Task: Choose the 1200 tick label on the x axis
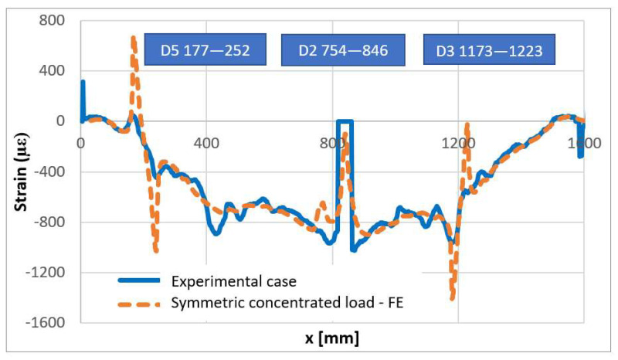coord(458,143)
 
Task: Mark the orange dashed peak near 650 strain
coord(133,38)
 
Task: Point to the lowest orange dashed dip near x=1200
coord(452,297)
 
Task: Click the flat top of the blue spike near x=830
coord(345,121)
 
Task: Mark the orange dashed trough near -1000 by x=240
coord(156,250)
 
